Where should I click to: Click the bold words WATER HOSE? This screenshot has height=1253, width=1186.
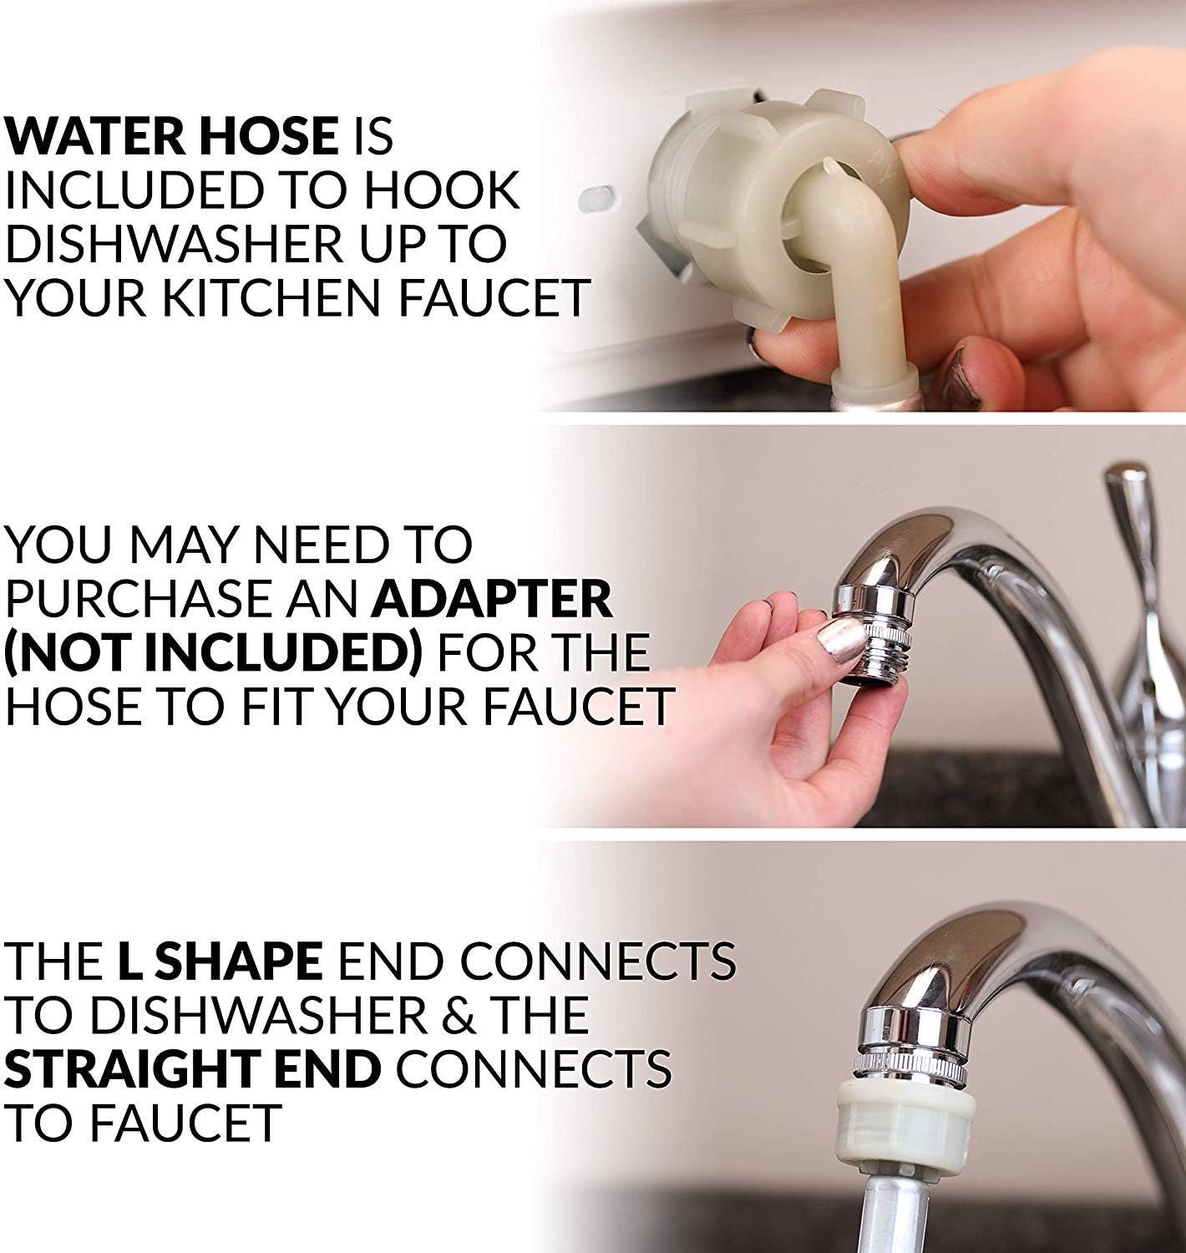[171, 136]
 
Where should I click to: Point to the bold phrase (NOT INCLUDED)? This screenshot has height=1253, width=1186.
[214, 652]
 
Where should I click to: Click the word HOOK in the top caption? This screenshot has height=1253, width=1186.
[442, 190]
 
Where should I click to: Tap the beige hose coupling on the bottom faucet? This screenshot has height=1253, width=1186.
[906, 1119]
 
